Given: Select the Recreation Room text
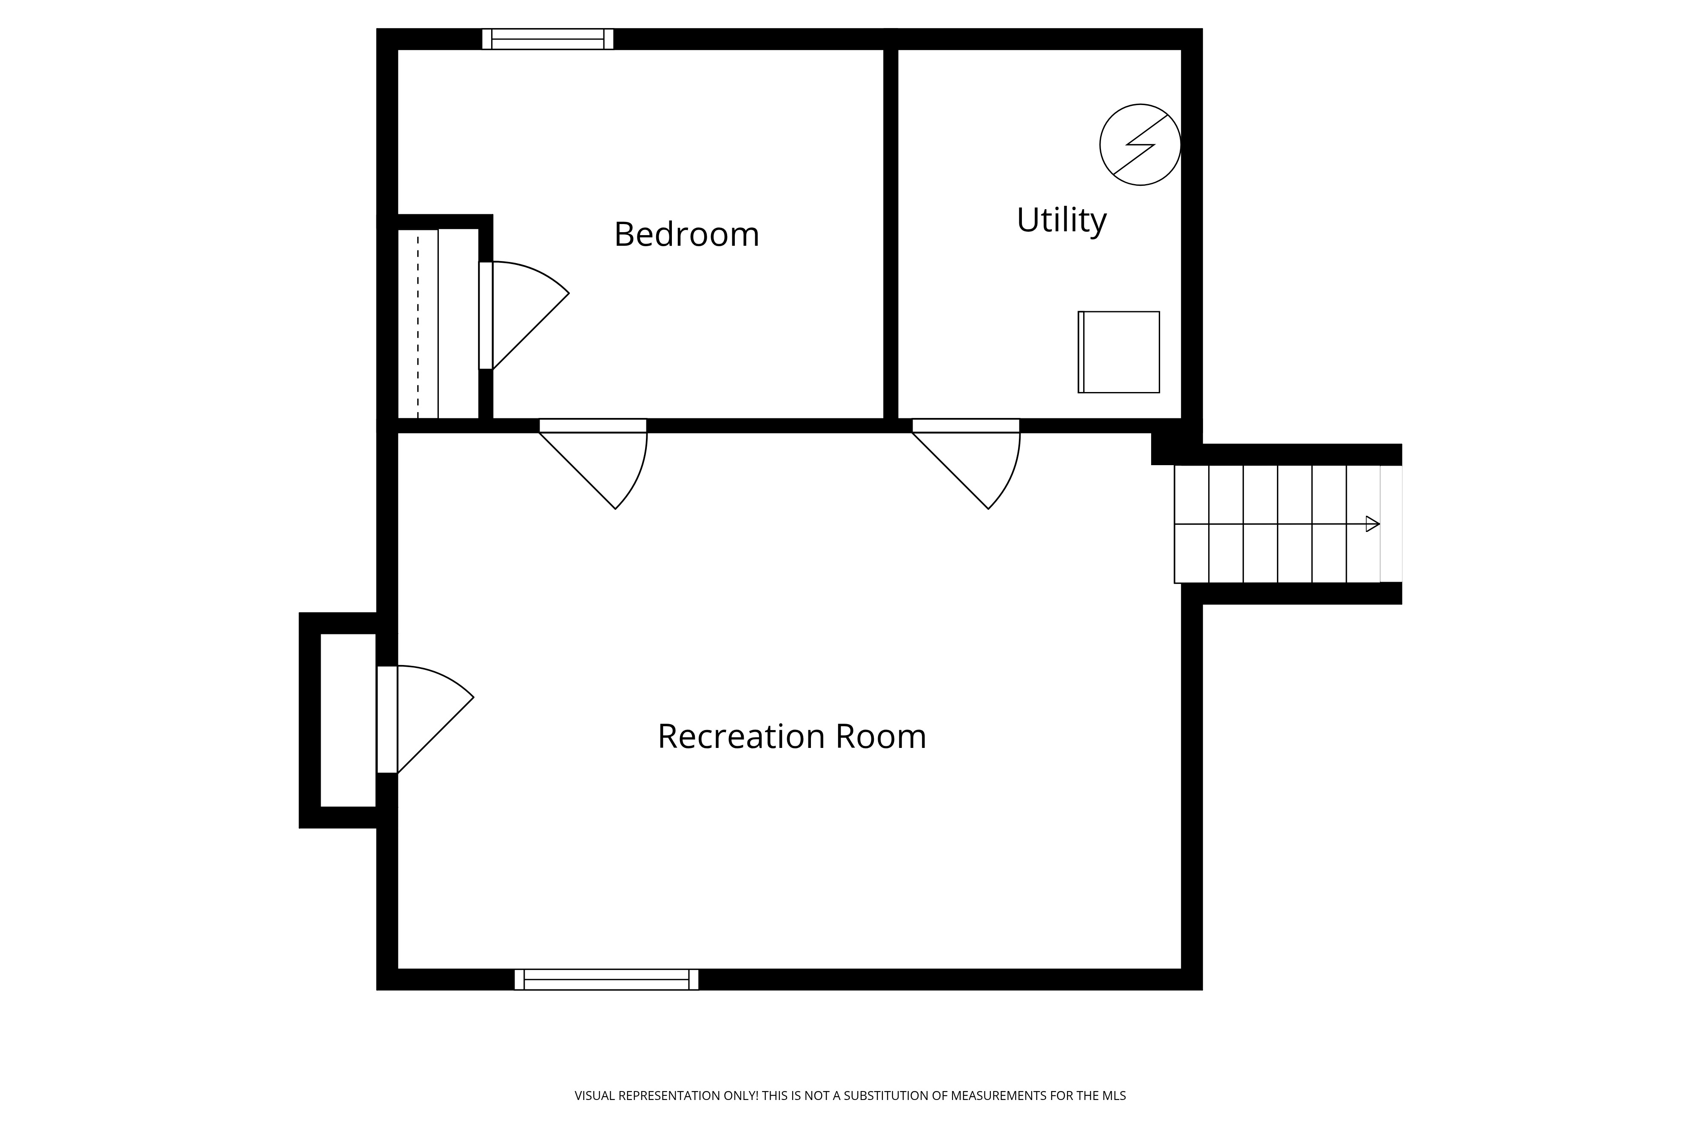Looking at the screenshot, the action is [x=792, y=736].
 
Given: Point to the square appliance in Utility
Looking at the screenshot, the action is [x=1119, y=352].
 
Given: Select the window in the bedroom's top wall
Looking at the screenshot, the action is [x=547, y=39].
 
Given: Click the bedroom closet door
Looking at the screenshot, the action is [x=523, y=315].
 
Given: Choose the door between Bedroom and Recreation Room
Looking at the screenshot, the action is [x=593, y=463].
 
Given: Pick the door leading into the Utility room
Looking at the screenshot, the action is [x=966, y=463].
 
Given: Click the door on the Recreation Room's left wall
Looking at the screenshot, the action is [x=425, y=719].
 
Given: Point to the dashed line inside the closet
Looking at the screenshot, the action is [x=418, y=325].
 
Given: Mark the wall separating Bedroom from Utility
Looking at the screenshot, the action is [x=891, y=233].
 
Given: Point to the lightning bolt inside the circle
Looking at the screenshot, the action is [x=1141, y=145].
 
